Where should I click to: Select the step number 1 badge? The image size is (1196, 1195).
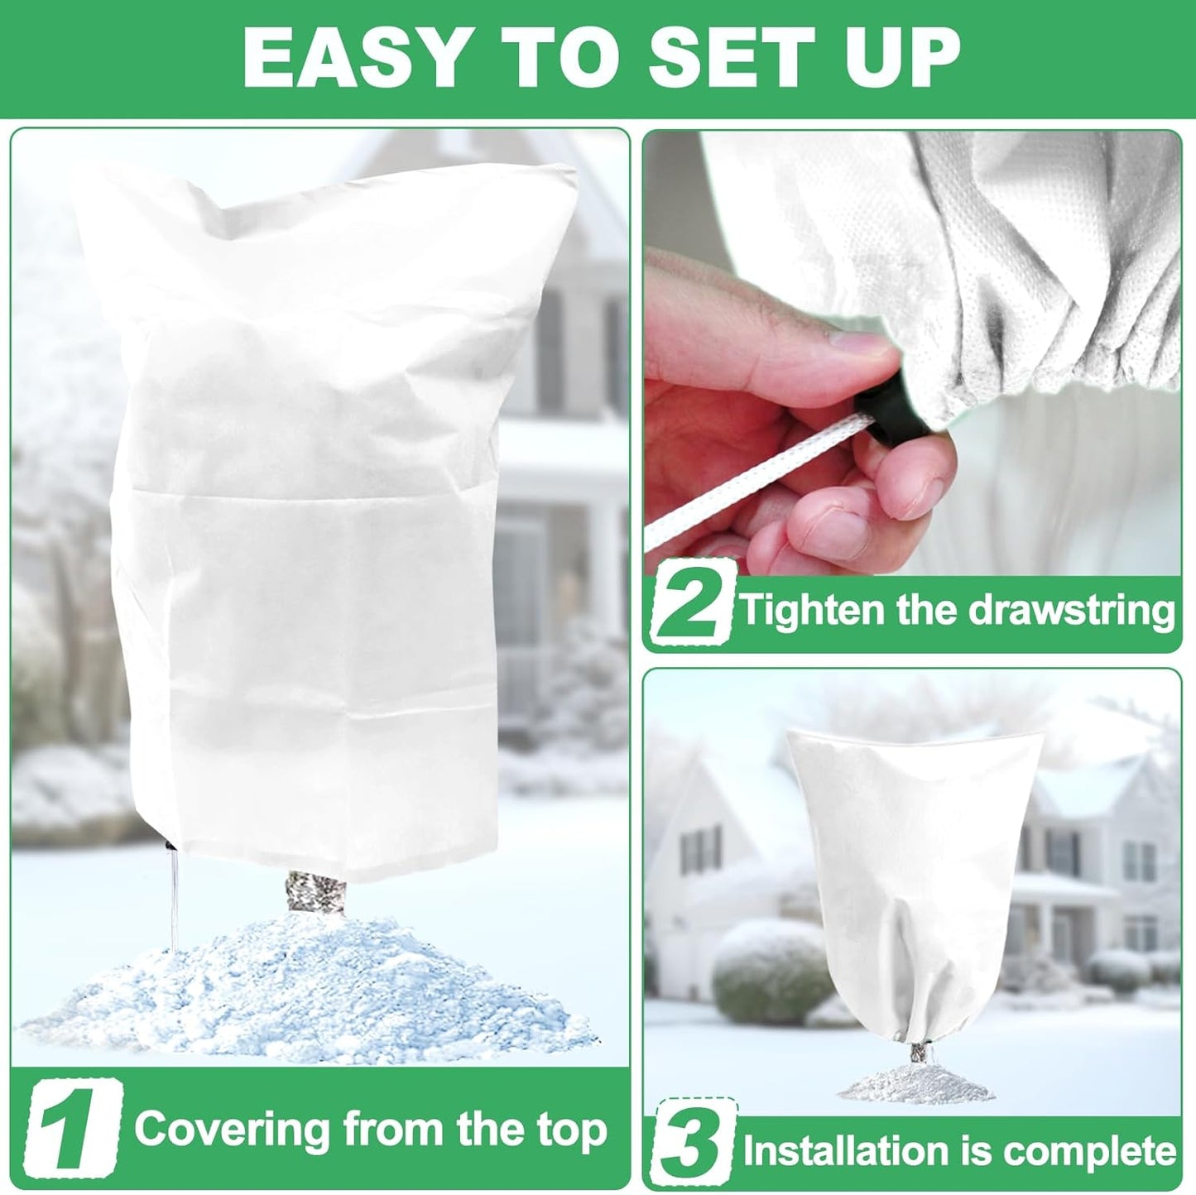point(73,1129)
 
